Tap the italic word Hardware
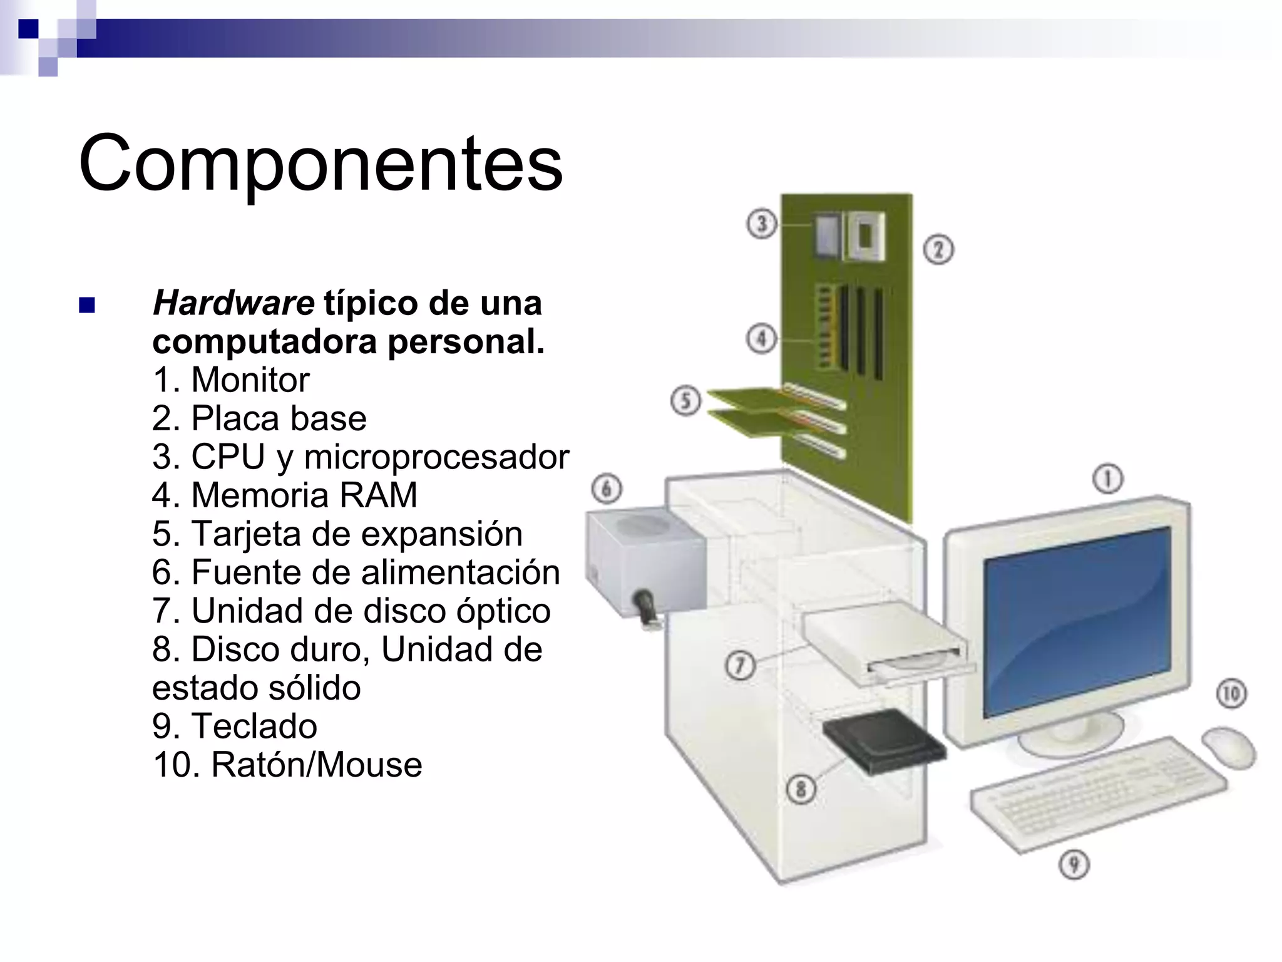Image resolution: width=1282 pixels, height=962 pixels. pos(233,304)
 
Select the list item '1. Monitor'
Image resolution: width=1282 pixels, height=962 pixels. pos(231,380)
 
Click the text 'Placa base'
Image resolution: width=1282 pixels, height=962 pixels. pos(279,418)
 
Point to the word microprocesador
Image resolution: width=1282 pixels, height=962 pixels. pos(436,457)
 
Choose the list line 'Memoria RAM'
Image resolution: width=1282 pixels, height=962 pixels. pos(304,495)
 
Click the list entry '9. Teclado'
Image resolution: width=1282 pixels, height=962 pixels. pos(235,727)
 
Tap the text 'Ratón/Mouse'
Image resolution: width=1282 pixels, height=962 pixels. pos(317,765)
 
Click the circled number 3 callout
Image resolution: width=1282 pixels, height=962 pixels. pos(762,224)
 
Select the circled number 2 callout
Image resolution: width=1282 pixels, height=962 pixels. pos(938,249)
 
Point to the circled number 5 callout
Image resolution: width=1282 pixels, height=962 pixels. pos(686,400)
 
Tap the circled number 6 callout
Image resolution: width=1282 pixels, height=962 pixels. pos(607,489)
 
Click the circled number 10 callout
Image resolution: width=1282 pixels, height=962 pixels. pos(1231,693)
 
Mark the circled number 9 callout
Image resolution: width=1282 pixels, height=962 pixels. pos(1074,865)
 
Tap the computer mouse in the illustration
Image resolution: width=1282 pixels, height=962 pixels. pos(1229,747)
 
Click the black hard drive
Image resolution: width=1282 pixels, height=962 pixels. pos(883,742)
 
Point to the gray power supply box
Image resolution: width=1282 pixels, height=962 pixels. pos(645,561)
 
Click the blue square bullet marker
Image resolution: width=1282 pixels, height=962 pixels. pos(87,306)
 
